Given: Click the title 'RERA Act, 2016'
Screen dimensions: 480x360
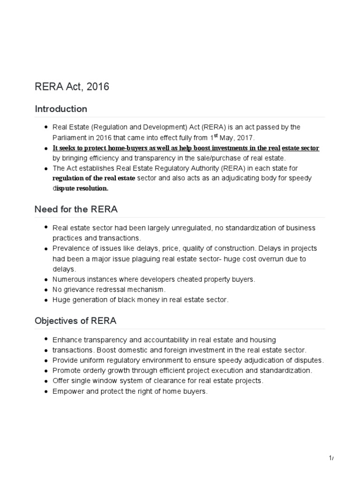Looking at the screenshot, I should coord(72,87).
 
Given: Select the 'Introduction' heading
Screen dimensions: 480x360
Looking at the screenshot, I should coord(61,109).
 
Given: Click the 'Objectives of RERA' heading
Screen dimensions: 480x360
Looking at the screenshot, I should coord(75,321).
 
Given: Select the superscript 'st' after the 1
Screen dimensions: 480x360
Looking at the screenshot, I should coord(217,135).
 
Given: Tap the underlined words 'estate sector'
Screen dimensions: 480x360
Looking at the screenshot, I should coord(300,148).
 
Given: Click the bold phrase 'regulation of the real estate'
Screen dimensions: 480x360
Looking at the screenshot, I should coord(94,179).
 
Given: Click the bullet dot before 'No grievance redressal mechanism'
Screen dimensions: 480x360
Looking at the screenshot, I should coord(46,290).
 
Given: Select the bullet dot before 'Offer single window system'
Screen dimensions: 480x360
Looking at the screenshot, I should coord(46,381).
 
